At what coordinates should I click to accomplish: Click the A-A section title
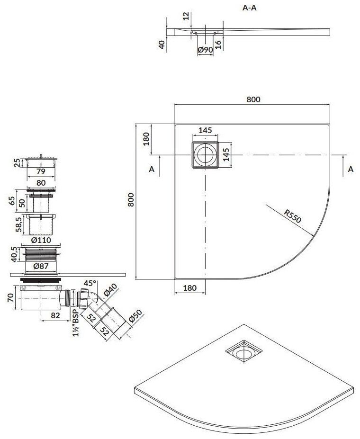249,8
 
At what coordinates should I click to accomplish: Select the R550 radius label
293,216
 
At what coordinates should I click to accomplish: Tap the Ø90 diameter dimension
205,50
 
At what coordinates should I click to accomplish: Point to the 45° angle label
90,283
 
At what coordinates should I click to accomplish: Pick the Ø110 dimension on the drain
41,240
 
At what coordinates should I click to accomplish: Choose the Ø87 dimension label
41,266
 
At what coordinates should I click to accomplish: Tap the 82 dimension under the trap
55,315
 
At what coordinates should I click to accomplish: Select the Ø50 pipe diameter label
135,316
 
